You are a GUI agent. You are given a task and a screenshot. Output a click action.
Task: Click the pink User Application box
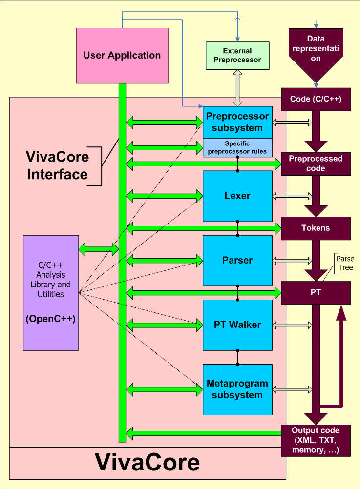(122, 55)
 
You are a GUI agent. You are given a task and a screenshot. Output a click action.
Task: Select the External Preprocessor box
(237, 55)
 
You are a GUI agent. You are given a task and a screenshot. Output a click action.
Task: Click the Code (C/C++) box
(316, 99)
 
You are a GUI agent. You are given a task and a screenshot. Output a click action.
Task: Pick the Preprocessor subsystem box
(237, 122)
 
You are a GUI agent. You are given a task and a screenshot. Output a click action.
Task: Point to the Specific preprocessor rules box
(237, 147)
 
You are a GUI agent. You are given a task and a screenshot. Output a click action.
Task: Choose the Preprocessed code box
(316, 163)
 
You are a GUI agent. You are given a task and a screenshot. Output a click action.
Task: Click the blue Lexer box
(237, 196)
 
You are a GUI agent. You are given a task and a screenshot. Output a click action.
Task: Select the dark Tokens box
(316, 228)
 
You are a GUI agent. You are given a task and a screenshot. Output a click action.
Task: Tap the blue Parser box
(237, 260)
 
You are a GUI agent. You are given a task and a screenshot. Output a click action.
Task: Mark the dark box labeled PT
(316, 292)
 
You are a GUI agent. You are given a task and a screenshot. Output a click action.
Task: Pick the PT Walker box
(237, 325)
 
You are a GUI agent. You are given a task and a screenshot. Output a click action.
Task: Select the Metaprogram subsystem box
(237, 389)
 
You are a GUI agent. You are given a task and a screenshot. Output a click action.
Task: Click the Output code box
(316, 440)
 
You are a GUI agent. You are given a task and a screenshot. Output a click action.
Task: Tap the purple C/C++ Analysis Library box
(51, 292)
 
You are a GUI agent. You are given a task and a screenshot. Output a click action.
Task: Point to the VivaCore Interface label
(58, 165)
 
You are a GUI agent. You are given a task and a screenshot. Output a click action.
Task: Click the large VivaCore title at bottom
(147, 462)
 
